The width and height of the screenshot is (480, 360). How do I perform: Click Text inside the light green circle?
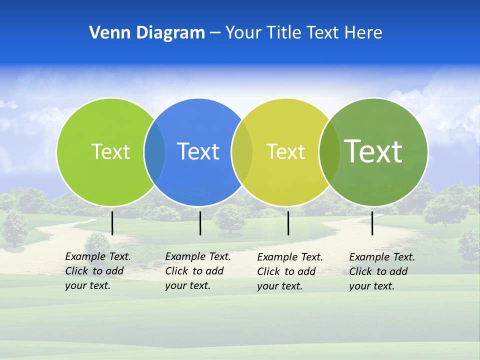110,151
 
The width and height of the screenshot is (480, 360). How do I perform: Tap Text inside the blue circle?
198,151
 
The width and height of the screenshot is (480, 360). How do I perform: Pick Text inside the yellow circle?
285,151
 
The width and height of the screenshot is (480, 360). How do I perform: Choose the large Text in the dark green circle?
373,151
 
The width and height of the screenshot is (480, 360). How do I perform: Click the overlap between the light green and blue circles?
154,151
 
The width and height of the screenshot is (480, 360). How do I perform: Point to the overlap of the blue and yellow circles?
242,151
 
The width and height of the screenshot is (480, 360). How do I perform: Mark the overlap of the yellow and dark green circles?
329,151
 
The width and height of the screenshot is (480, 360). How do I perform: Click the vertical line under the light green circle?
112,223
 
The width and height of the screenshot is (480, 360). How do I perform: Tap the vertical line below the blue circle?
200,223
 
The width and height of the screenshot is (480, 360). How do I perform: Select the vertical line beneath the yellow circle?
288,223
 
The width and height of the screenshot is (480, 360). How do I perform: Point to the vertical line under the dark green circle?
372,223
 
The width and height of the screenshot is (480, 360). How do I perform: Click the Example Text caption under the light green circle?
98,271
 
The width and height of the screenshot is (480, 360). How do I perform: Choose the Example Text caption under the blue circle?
198,271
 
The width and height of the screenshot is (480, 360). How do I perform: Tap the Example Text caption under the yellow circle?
290,271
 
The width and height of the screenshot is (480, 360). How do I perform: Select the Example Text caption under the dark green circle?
382,271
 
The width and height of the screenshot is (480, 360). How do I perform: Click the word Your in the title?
243,33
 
